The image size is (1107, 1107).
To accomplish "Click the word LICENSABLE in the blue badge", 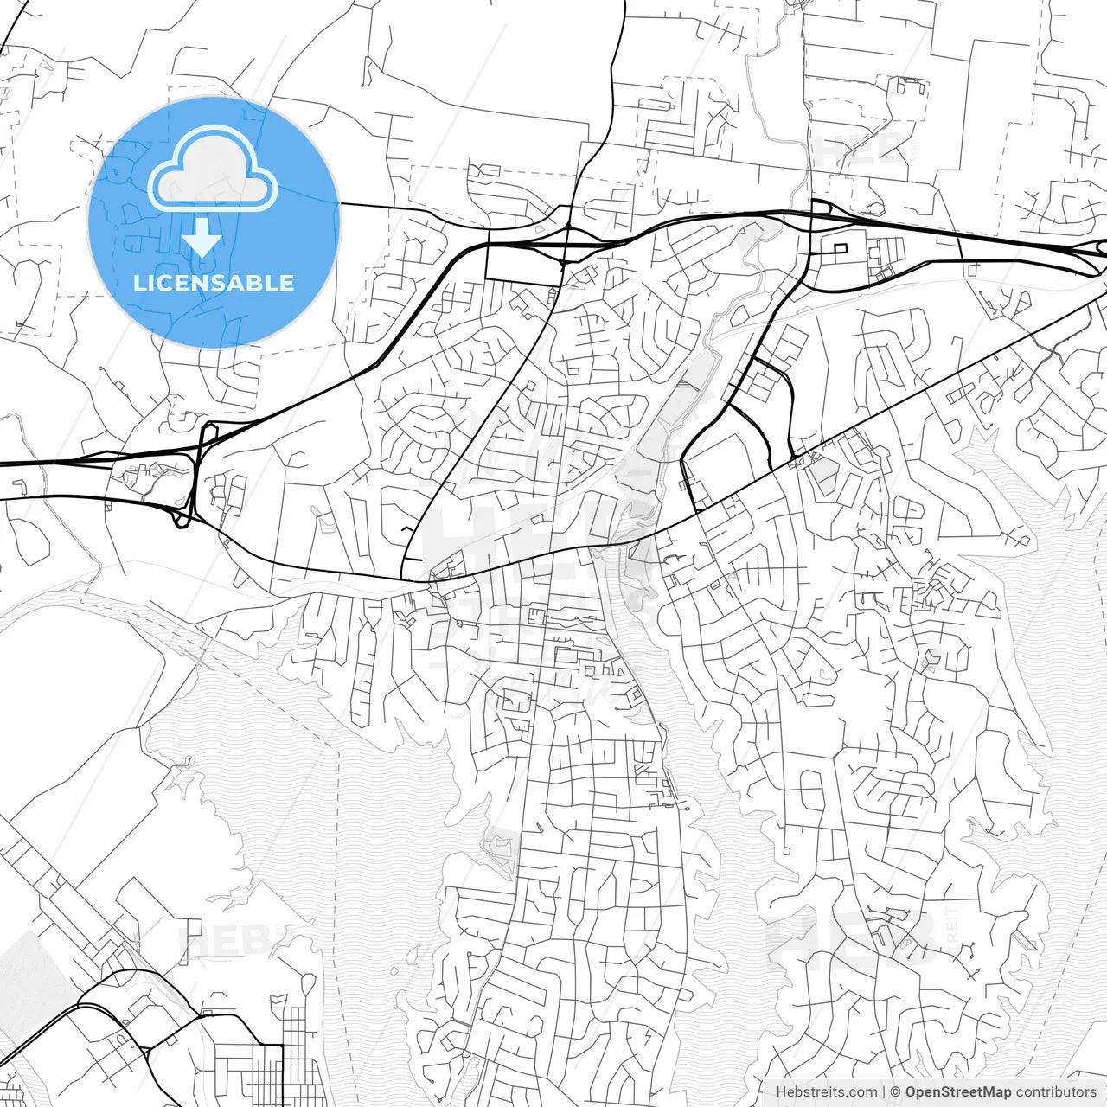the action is click(x=214, y=283).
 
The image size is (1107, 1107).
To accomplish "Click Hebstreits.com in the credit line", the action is click(x=826, y=1092).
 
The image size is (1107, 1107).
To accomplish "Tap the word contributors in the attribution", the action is click(x=1056, y=1092).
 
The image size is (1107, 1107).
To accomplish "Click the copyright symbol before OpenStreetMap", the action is click(x=896, y=1092).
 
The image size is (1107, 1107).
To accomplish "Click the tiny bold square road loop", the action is click(x=839, y=249).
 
